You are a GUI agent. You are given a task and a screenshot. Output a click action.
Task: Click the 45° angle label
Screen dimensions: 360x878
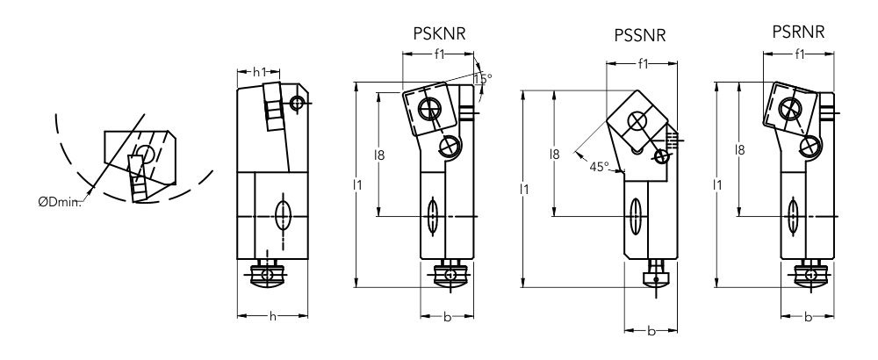click(599, 166)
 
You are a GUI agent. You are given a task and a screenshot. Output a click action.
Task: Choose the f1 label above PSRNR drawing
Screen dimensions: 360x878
click(799, 54)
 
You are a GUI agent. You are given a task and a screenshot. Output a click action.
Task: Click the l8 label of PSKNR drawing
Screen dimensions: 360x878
click(379, 155)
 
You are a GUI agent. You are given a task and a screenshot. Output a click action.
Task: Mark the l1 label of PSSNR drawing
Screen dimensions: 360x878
click(524, 188)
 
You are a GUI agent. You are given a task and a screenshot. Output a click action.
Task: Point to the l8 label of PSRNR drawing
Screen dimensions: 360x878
click(739, 150)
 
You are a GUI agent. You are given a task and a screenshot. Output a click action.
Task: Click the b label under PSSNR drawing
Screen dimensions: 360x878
click(651, 332)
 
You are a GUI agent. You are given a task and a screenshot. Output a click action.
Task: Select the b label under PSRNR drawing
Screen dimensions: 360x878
click(807, 316)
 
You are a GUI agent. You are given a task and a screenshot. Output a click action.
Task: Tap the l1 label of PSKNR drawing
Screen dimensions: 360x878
click(356, 184)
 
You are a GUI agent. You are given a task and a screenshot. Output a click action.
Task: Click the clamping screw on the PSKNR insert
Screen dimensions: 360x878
click(429, 109)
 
